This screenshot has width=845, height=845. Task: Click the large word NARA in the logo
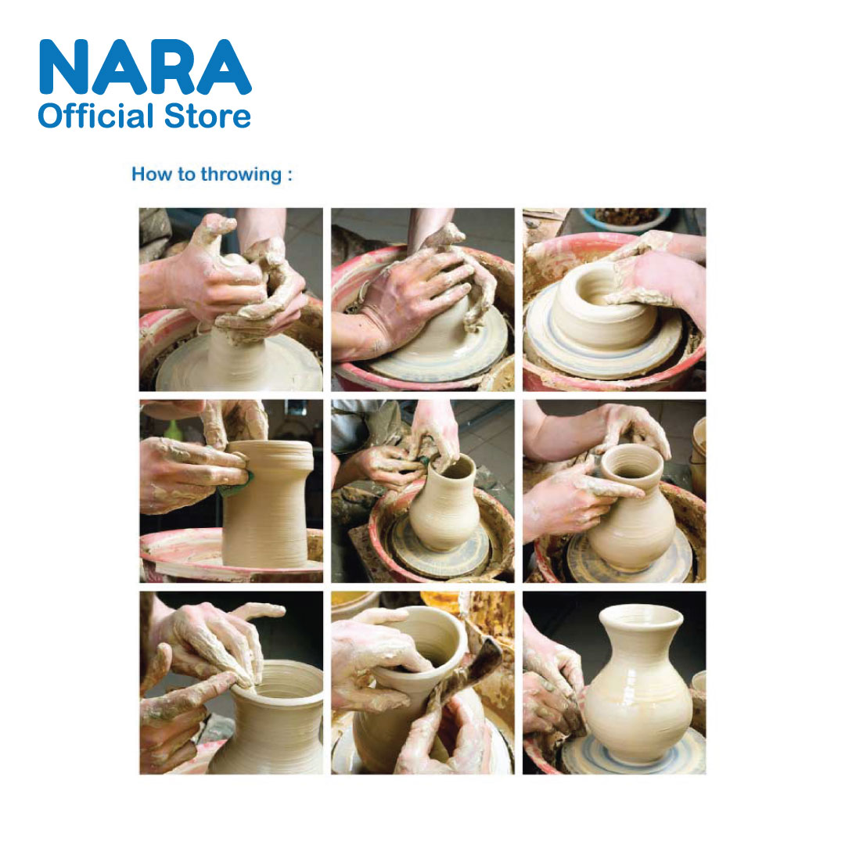pyautogui.click(x=145, y=67)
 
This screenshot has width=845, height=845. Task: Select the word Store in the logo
pyautogui.click(x=207, y=117)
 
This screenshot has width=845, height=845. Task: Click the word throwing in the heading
pyautogui.click(x=242, y=174)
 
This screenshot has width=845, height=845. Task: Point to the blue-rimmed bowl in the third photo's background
pyautogui.click(x=625, y=218)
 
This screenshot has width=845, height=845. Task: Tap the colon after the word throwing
pyautogui.click(x=289, y=175)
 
